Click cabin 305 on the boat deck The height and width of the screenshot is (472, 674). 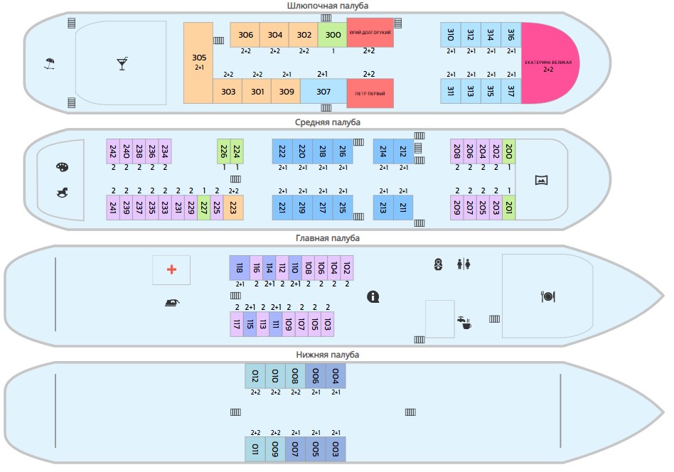[198, 63]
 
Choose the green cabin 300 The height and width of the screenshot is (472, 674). [333, 35]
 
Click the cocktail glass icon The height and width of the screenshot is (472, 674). [122, 64]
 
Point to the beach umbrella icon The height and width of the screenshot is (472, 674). [49, 64]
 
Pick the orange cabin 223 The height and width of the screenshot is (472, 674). [234, 207]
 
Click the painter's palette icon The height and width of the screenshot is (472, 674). [62, 168]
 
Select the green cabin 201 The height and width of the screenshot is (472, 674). [509, 207]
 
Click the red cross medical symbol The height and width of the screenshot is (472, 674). [171, 269]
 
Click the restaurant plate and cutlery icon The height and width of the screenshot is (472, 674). [547, 296]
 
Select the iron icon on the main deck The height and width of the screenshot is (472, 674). [171, 302]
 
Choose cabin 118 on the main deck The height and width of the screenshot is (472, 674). [239, 267]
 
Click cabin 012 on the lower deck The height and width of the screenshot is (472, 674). [255, 375]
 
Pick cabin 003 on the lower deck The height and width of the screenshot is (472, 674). [336, 449]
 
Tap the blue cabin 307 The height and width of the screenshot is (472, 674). [323, 92]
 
